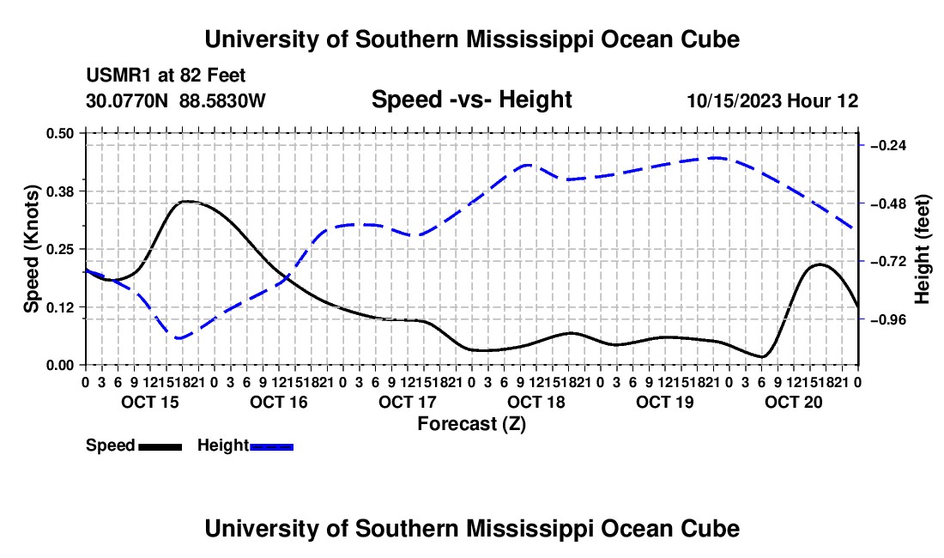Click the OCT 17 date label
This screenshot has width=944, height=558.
coord(407,402)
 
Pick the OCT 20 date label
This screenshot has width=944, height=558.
coord(794,402)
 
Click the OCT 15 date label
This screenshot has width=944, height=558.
coord(150,402)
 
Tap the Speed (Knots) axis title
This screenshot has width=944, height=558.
coord(31,249)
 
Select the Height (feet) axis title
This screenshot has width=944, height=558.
coord(922,249)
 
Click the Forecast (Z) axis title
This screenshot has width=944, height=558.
coord(471,424)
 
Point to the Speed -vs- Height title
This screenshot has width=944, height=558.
coord(471,100)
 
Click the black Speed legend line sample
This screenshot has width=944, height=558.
coord(160,446)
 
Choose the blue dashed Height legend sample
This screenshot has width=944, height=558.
coord(271,446)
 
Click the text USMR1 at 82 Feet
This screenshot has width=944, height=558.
coord(166,76)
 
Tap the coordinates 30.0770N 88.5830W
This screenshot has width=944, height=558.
coord(176,100)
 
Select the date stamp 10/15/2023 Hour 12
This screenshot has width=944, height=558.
coord(772,100)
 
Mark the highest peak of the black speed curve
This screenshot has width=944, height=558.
coord(187,202)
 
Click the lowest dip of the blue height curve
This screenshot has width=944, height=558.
coord(179,338)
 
